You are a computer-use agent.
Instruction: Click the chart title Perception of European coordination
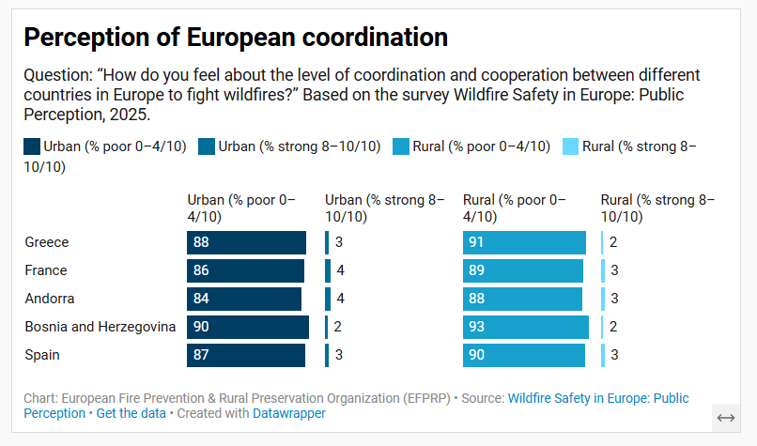(235, 38)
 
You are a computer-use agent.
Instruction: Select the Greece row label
(47, 242)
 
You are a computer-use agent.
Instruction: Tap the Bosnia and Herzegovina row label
(100, 327)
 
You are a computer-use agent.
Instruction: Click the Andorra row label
(50, 299)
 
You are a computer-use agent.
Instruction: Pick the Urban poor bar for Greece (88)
(246, 242)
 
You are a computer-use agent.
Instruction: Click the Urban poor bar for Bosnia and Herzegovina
(248, 327)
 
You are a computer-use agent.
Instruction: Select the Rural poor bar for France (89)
(523, 270)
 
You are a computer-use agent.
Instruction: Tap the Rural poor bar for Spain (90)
(524, 355)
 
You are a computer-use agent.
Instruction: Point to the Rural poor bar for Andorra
(522, 299)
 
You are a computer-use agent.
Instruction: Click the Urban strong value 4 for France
(340, 270)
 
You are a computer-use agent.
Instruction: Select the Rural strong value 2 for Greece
(613, 242)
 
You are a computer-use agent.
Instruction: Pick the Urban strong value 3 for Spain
(339, 355)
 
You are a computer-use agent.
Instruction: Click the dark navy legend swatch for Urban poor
(32, 146)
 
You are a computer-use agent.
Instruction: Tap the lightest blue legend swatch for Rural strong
(570, 146)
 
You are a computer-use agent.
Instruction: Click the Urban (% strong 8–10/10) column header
(385, 208)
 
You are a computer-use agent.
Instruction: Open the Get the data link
(131, 413)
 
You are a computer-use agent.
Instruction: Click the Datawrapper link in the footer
(289, 413)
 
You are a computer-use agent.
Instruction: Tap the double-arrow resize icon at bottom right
(725, 417)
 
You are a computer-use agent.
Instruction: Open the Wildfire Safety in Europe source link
(597, 398)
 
